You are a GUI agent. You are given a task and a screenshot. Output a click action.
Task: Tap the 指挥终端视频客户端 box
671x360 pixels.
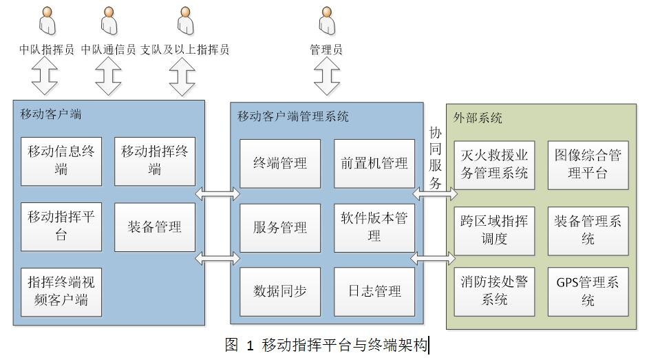click(61, 292)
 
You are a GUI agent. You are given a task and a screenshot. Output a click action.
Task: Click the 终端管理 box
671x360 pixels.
click(280, 164)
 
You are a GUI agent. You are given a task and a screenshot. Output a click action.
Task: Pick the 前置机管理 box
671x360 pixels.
click(374, 164)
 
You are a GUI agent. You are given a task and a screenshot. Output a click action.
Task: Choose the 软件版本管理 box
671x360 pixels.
click(374, 228)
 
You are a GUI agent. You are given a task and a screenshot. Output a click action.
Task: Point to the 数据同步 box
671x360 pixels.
click(280, 292)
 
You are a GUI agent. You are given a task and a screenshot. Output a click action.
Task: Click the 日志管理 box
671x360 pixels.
click(374, 292)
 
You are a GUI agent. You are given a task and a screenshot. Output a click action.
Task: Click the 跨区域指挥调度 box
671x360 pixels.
click(494, 230)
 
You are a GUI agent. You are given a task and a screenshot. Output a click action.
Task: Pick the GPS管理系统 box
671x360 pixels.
click(588, 292)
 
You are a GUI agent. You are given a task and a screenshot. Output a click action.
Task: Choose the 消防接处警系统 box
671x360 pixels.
click(494, 292)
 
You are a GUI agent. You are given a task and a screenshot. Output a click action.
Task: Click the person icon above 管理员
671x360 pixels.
click(327, 21)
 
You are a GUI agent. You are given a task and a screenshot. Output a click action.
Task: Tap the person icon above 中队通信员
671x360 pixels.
click(109, 21)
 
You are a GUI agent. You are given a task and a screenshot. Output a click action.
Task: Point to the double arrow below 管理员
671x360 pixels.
click(327, 76)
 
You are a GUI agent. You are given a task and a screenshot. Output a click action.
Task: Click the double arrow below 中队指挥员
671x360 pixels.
click(47, 76)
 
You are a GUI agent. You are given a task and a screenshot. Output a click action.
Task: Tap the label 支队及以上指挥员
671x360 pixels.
click(184, 50)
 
